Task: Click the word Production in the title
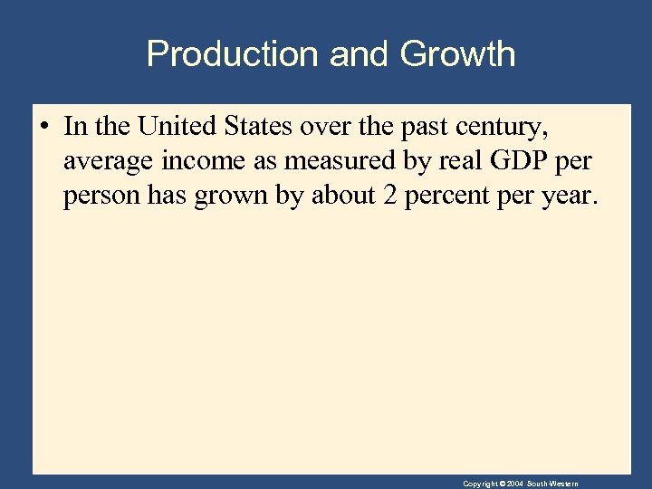tap(233, 54)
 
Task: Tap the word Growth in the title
tap(457, 54)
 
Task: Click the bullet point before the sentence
tap(45, 127)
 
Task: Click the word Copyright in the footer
tap(480, 484)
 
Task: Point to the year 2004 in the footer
tap(515, 484)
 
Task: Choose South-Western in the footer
tap(553, 484)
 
